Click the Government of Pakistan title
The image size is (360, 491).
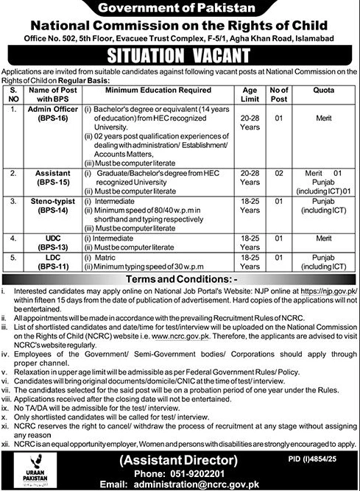180,9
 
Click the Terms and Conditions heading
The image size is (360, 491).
180,282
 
